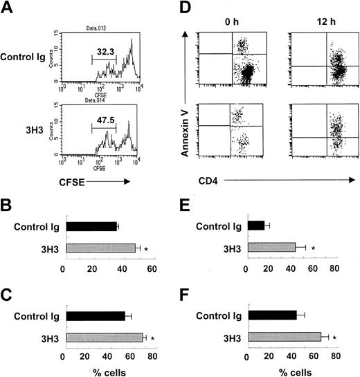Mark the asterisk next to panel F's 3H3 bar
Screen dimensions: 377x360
point(335,339)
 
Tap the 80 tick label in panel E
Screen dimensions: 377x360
point(335,268)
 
